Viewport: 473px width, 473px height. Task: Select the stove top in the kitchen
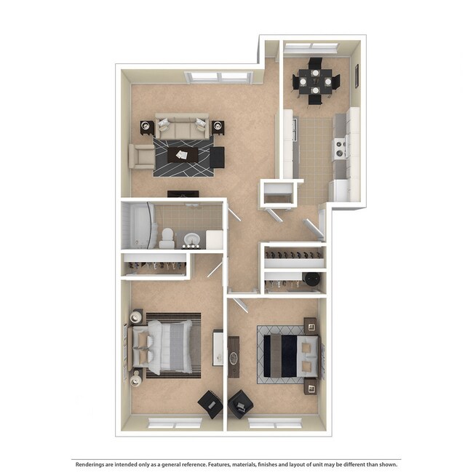point(339,148)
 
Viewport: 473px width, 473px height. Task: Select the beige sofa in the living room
point(182,127)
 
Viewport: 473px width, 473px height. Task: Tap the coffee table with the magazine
point(183,155)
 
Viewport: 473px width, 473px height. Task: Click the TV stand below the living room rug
point(183,194)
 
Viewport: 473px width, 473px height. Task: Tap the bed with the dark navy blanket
point(288,354)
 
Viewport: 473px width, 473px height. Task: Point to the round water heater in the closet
point(313,279)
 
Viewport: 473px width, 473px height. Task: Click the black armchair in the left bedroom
point(211,405)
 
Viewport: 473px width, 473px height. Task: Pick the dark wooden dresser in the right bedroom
point(233,356)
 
